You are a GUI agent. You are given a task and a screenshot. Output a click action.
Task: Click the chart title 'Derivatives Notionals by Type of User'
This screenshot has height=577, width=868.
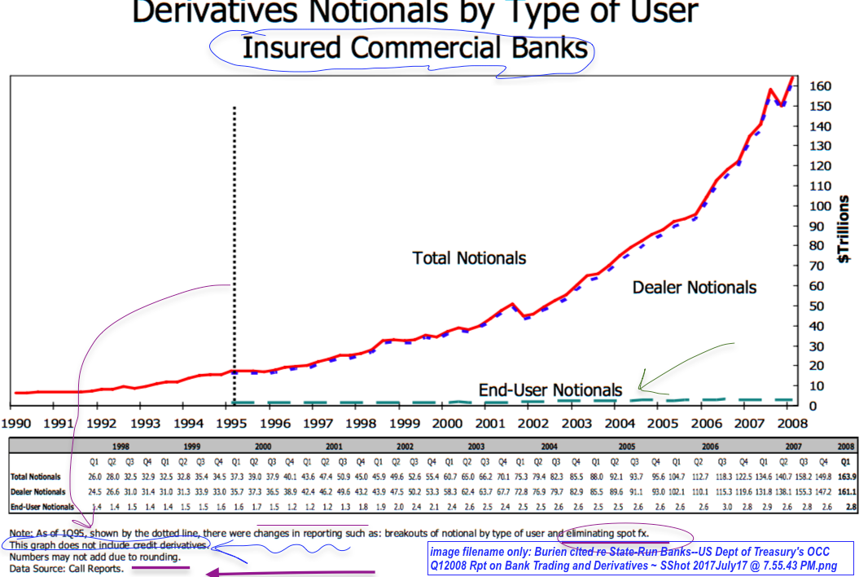pyautogui.click(x=414, y=11)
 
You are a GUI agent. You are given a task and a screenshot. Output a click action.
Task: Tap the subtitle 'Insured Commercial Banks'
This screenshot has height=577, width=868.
pyautogui.click(x=414, y=47)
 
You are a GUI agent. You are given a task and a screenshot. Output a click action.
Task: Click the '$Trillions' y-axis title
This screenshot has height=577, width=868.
pyautogui.click(x=844, y=229)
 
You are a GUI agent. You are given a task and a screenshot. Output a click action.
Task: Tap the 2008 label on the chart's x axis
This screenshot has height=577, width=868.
pyautogui.click(x=791, y=423)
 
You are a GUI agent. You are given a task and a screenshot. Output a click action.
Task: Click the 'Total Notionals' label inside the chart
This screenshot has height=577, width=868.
pyautogui.click(x=469, y=258)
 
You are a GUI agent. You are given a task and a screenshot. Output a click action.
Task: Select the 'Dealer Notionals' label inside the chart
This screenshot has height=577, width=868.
pyautogui.click(x=694, y=287)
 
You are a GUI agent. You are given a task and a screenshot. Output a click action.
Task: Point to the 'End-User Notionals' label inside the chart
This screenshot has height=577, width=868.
pyautogui.click(x=550, y=390)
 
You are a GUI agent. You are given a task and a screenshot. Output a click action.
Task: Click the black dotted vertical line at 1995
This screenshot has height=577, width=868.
pyautogui.click(x=235, y=244)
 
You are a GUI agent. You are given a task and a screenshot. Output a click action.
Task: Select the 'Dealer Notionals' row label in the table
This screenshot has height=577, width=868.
pyautogui.click(x=38, y=491)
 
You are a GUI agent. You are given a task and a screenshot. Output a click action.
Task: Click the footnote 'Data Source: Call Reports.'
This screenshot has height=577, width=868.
pyautogui.click(x=67, y=569)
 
